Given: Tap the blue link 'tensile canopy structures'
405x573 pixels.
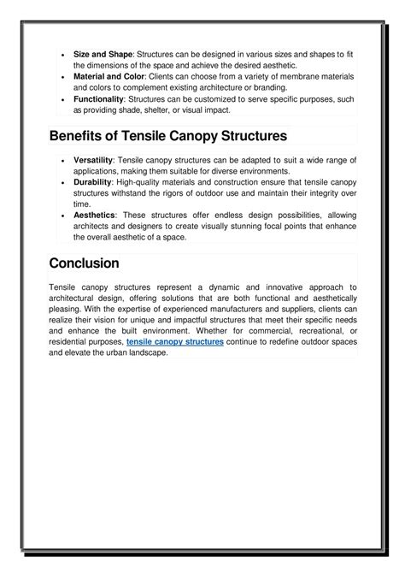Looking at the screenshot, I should [175, 341].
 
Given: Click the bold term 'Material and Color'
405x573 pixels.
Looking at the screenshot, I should [109, 76].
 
